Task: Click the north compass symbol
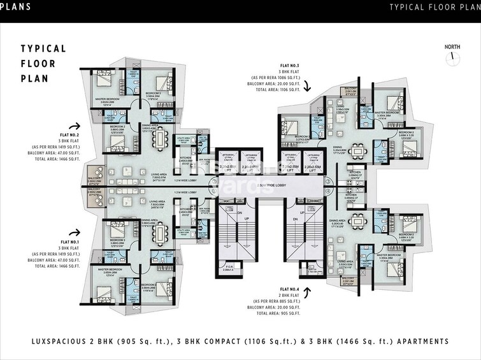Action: tap(452, 56)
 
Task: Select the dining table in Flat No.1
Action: tap(163, 232)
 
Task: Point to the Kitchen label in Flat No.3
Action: tap(355, 172)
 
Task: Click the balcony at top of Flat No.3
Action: tap(350, 91)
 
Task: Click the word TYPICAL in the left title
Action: tap(43, 49)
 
